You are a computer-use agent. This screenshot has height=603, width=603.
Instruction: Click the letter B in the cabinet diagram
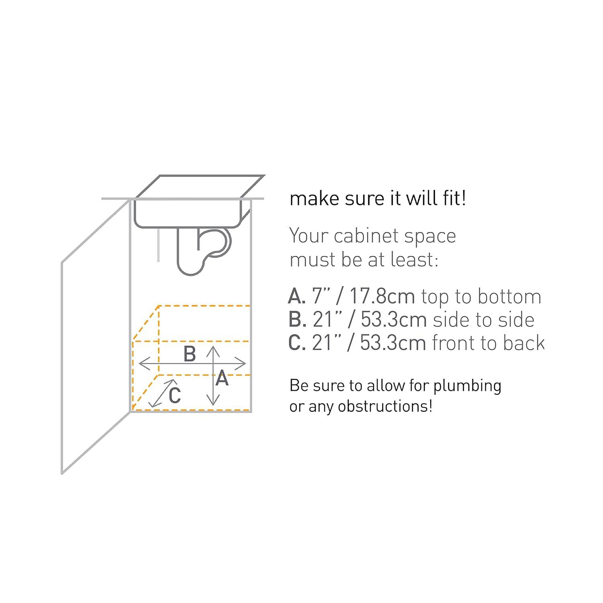click(190, 354)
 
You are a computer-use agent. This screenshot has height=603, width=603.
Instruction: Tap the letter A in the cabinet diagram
click(222, 379)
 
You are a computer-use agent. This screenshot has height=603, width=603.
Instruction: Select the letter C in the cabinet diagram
click(174, 396)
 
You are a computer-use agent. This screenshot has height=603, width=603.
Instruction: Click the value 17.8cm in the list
click(382, 297)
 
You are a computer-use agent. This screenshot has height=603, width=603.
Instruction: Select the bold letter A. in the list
click(297, 297)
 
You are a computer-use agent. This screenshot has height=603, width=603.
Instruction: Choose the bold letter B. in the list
click(297, 320)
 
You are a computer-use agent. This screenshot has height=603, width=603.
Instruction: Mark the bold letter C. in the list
click(297, 343)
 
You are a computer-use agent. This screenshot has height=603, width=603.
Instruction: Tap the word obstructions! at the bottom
click(385, 406)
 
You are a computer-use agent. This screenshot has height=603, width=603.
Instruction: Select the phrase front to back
click(488, 343)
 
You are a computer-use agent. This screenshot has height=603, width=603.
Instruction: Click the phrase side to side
click(483, 320)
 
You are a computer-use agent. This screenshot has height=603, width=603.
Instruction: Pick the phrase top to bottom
click(481, 297)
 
